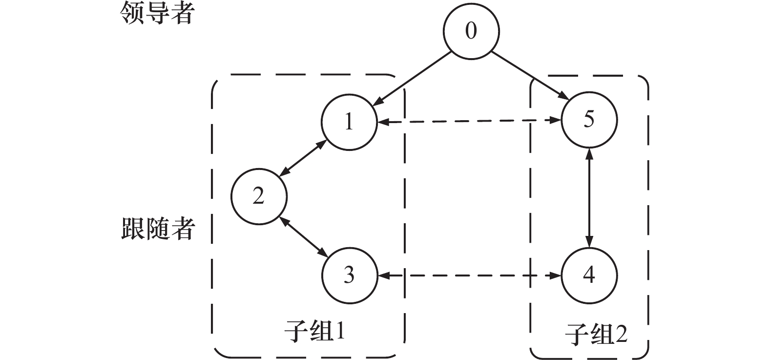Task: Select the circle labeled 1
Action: click(349, 122)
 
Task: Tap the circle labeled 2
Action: click(259, 197)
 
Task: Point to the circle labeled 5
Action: click(589, 120)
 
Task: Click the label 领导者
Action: click(157, 13)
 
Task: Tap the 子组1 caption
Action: click(315, 333)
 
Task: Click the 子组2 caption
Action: click(596, 336)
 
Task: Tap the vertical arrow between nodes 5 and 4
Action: click(589, 198)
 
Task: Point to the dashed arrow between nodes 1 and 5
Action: click(469, 121)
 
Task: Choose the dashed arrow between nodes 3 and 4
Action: click(469, 276)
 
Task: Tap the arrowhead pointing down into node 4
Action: click(589, 243)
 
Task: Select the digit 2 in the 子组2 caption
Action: click(621, 335)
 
